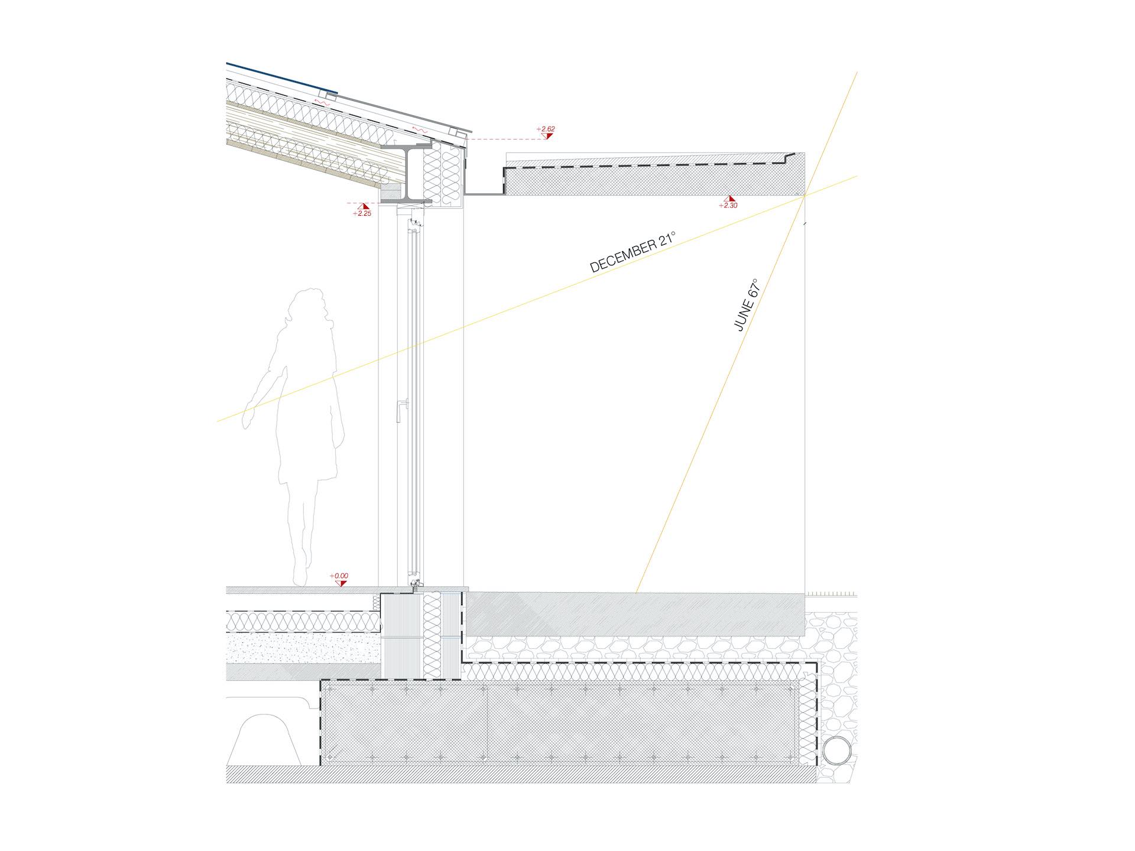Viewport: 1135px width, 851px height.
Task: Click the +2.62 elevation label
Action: tap(545, 128)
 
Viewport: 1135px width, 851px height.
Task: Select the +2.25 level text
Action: tap(362, 213)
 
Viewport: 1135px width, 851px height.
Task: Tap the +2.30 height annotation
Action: tap(728, 206)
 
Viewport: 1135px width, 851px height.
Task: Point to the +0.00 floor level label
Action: tap(339, 575)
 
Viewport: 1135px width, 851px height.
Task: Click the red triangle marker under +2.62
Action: tap(549, 136)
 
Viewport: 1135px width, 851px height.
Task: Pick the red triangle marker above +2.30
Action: tap(731, 199)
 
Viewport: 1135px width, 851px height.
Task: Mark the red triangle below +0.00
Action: tap(340, 583)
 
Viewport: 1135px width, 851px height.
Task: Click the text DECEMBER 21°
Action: tap(633, 252)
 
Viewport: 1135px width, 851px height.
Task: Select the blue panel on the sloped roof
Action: tap(282, 77)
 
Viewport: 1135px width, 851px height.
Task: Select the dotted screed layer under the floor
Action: tap(303, 647)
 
